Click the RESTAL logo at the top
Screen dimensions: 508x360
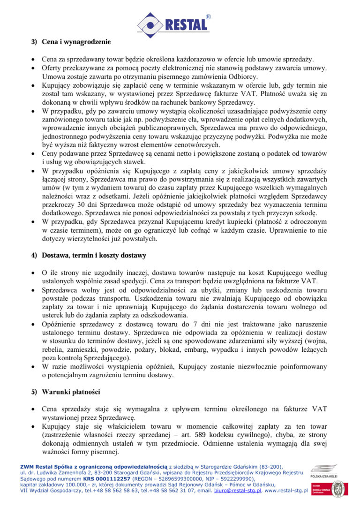[x=173, y=23]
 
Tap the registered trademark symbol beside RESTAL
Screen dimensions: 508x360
[x=208, y=17]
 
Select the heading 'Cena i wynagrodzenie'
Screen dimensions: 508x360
[x=76, y=42]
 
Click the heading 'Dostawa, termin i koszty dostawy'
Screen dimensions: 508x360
[x=94, y=256]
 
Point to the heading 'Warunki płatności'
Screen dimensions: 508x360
[x=70, y=391]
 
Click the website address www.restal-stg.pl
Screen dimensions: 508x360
[x=285, y=491]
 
